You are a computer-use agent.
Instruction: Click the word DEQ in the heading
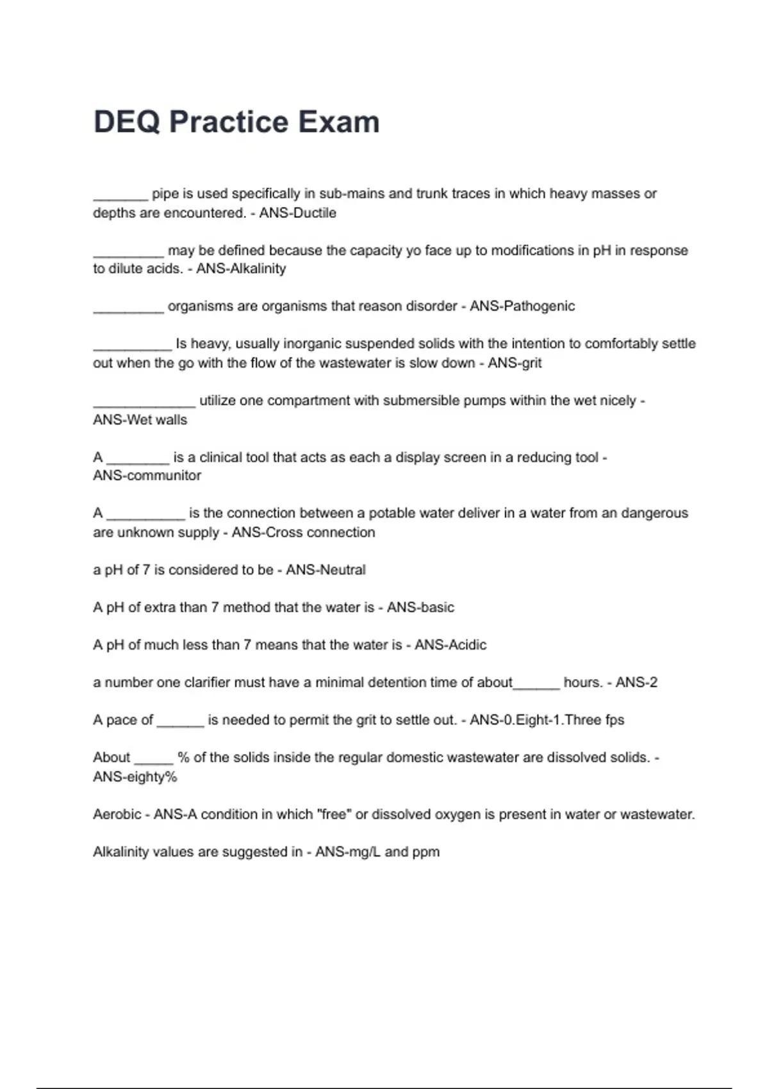126,122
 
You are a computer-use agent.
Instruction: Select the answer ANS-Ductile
297,213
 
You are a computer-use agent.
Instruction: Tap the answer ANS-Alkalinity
241,268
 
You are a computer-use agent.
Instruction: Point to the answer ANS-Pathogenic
522,306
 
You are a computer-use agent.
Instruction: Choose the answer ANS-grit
515,363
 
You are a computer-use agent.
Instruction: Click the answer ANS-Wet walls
140,420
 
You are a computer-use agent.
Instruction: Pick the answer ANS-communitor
147,475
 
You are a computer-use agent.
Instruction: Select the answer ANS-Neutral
326,570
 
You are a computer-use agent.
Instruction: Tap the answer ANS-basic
420,607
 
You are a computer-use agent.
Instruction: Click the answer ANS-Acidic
451,645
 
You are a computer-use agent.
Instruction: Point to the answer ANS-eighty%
135,777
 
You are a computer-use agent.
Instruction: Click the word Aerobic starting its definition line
117,814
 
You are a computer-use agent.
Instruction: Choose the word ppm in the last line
426,853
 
